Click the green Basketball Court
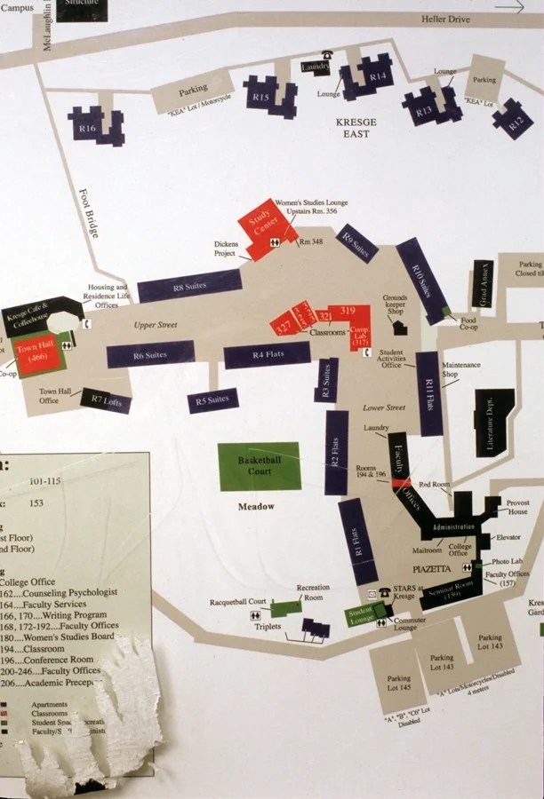click(260, 466)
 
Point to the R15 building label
click(261, 97)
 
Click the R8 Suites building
click(189, 287)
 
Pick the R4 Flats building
click(267, 355)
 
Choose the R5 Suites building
click(212, 400)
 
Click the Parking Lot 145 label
click(399, 683)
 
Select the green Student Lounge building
click(361, 616)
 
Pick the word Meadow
click(256, 507)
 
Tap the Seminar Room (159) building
click(452, 594)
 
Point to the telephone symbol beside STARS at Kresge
click(384, 592)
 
